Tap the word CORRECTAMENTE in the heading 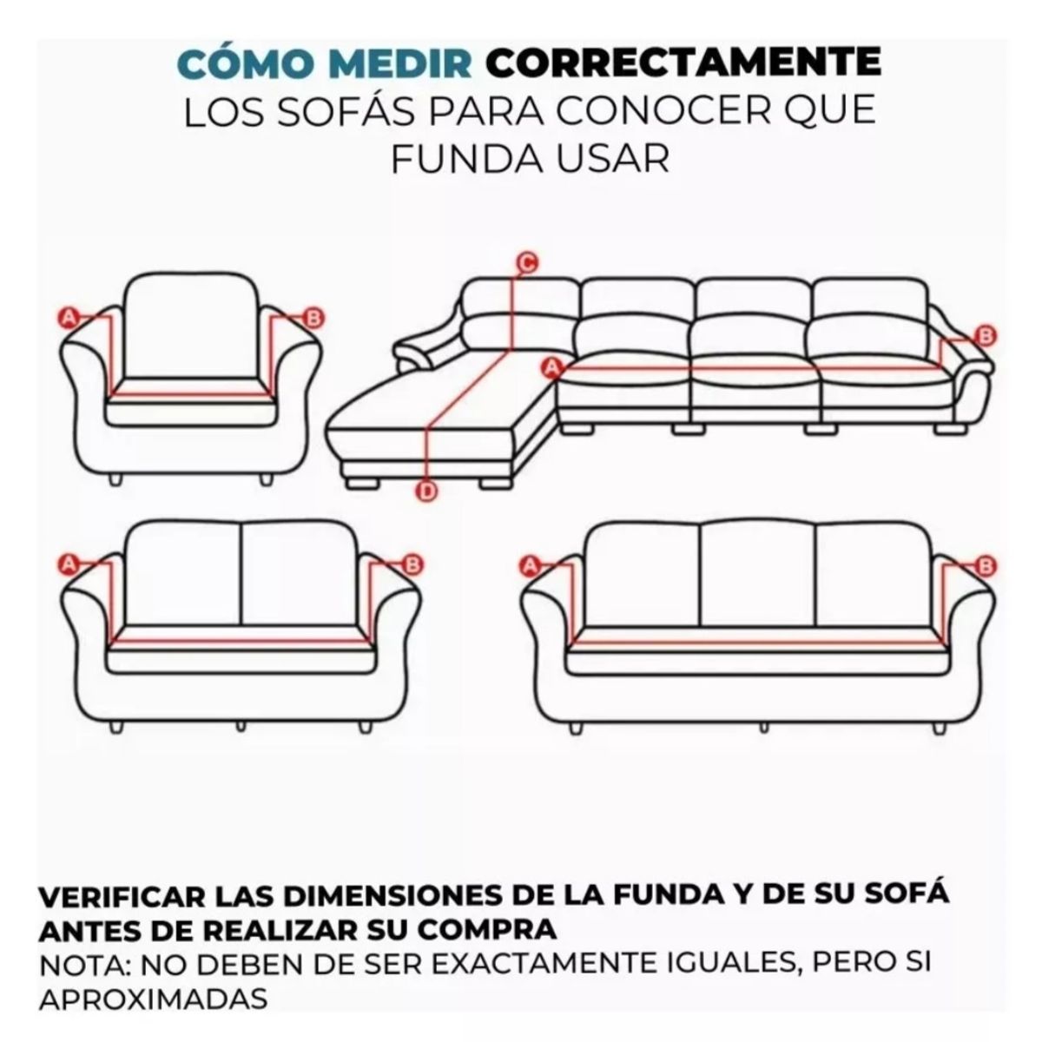coord(683,63)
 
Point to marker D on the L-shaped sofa coord(426,492)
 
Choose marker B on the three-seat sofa coord(985,567)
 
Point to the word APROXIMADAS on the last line coord(153,999)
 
